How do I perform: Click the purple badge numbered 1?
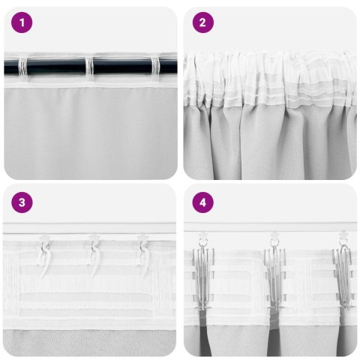(22, 23)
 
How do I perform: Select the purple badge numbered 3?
(22, 202)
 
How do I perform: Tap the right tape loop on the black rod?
(156, 67)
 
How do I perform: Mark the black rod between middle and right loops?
(123, 67)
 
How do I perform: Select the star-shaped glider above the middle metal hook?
(274, 235)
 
